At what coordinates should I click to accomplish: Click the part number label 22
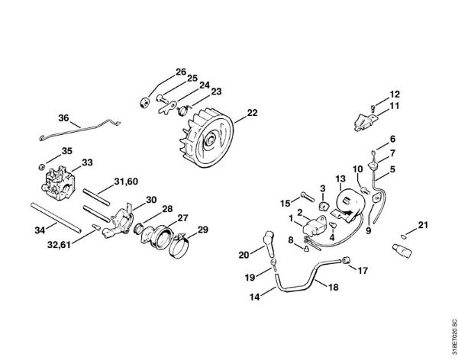tap(253, 114)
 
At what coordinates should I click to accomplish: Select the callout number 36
tap(64, 118)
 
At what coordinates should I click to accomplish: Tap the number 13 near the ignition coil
tap(340, 178)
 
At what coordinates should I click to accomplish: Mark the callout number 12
tap(395, 95)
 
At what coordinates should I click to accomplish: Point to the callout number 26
tap(181, 72)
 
